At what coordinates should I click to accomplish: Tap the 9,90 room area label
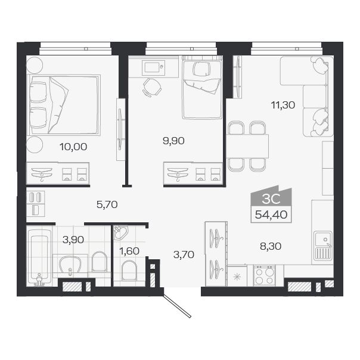[173, 141]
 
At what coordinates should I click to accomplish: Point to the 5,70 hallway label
[107, 204]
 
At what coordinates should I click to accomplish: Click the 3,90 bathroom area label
[73, 240]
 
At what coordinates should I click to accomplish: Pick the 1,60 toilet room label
[129, 251]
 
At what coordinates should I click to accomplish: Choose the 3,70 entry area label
[184, 255]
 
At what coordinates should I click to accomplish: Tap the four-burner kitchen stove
[264, 275]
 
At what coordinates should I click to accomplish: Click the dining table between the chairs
[247, 146]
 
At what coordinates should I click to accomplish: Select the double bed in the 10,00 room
[63, 104]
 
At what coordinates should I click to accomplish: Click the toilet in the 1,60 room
[129, 271]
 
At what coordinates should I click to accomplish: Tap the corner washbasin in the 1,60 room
[120, 232]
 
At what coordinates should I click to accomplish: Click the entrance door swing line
[179, 305]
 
